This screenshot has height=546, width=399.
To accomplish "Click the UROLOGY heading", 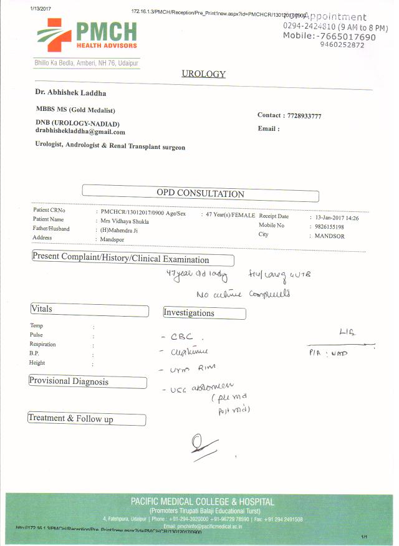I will (x=203, y=74).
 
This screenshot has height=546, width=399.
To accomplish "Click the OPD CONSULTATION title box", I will (x=200, y=193).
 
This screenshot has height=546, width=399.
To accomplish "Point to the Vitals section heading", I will (x=42, y=309).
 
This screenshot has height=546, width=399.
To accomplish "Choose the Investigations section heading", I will (x=189, y=312).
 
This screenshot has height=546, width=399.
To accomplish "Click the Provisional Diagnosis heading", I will (x=69, y=381).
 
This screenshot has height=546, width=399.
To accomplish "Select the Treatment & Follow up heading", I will (x=71, y=419).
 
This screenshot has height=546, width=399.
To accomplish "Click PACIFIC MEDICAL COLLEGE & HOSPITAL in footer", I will (x=202, y=501).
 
